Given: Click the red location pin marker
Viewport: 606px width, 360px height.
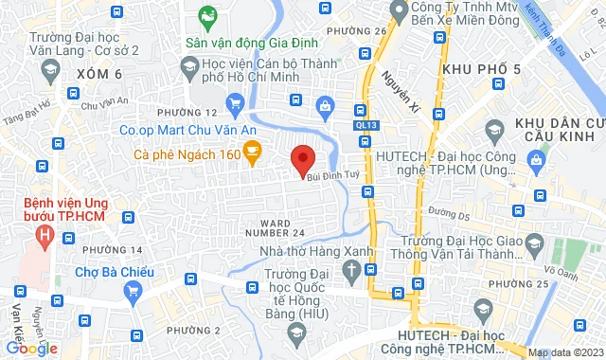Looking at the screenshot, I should pyautogui.click(x=302, y=158).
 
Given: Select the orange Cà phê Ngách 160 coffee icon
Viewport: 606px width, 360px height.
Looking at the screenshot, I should pyautogui.click(x=252, y=151).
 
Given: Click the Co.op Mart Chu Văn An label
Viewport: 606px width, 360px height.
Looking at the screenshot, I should pyautogui.click(x=179, y=131).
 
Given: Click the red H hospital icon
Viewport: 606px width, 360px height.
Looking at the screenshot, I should pyautogui.click(x=45, y=233).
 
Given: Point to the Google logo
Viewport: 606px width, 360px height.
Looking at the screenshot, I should pyautogui.click(x=31, y=348).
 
